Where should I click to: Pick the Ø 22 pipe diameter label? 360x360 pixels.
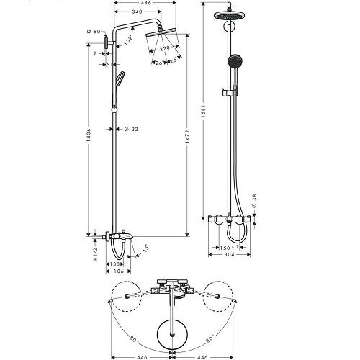tap(131, 129)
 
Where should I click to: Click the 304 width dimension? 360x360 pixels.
tap(230, 255)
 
